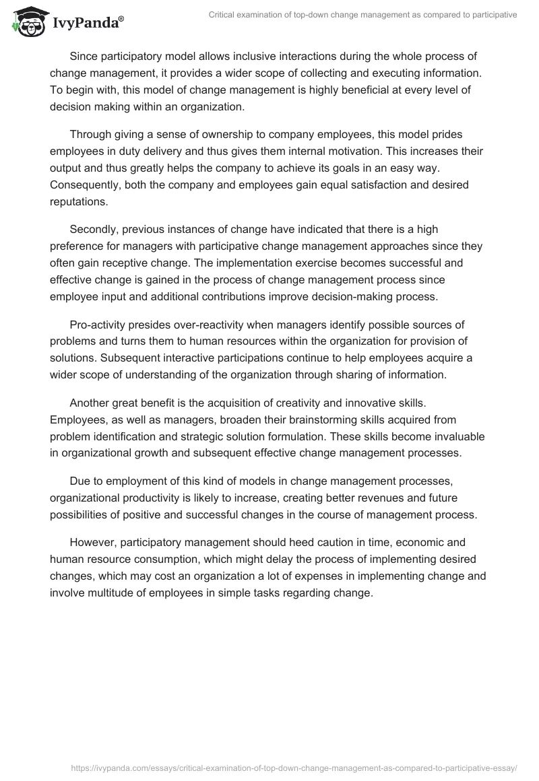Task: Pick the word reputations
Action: coord(78,200)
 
